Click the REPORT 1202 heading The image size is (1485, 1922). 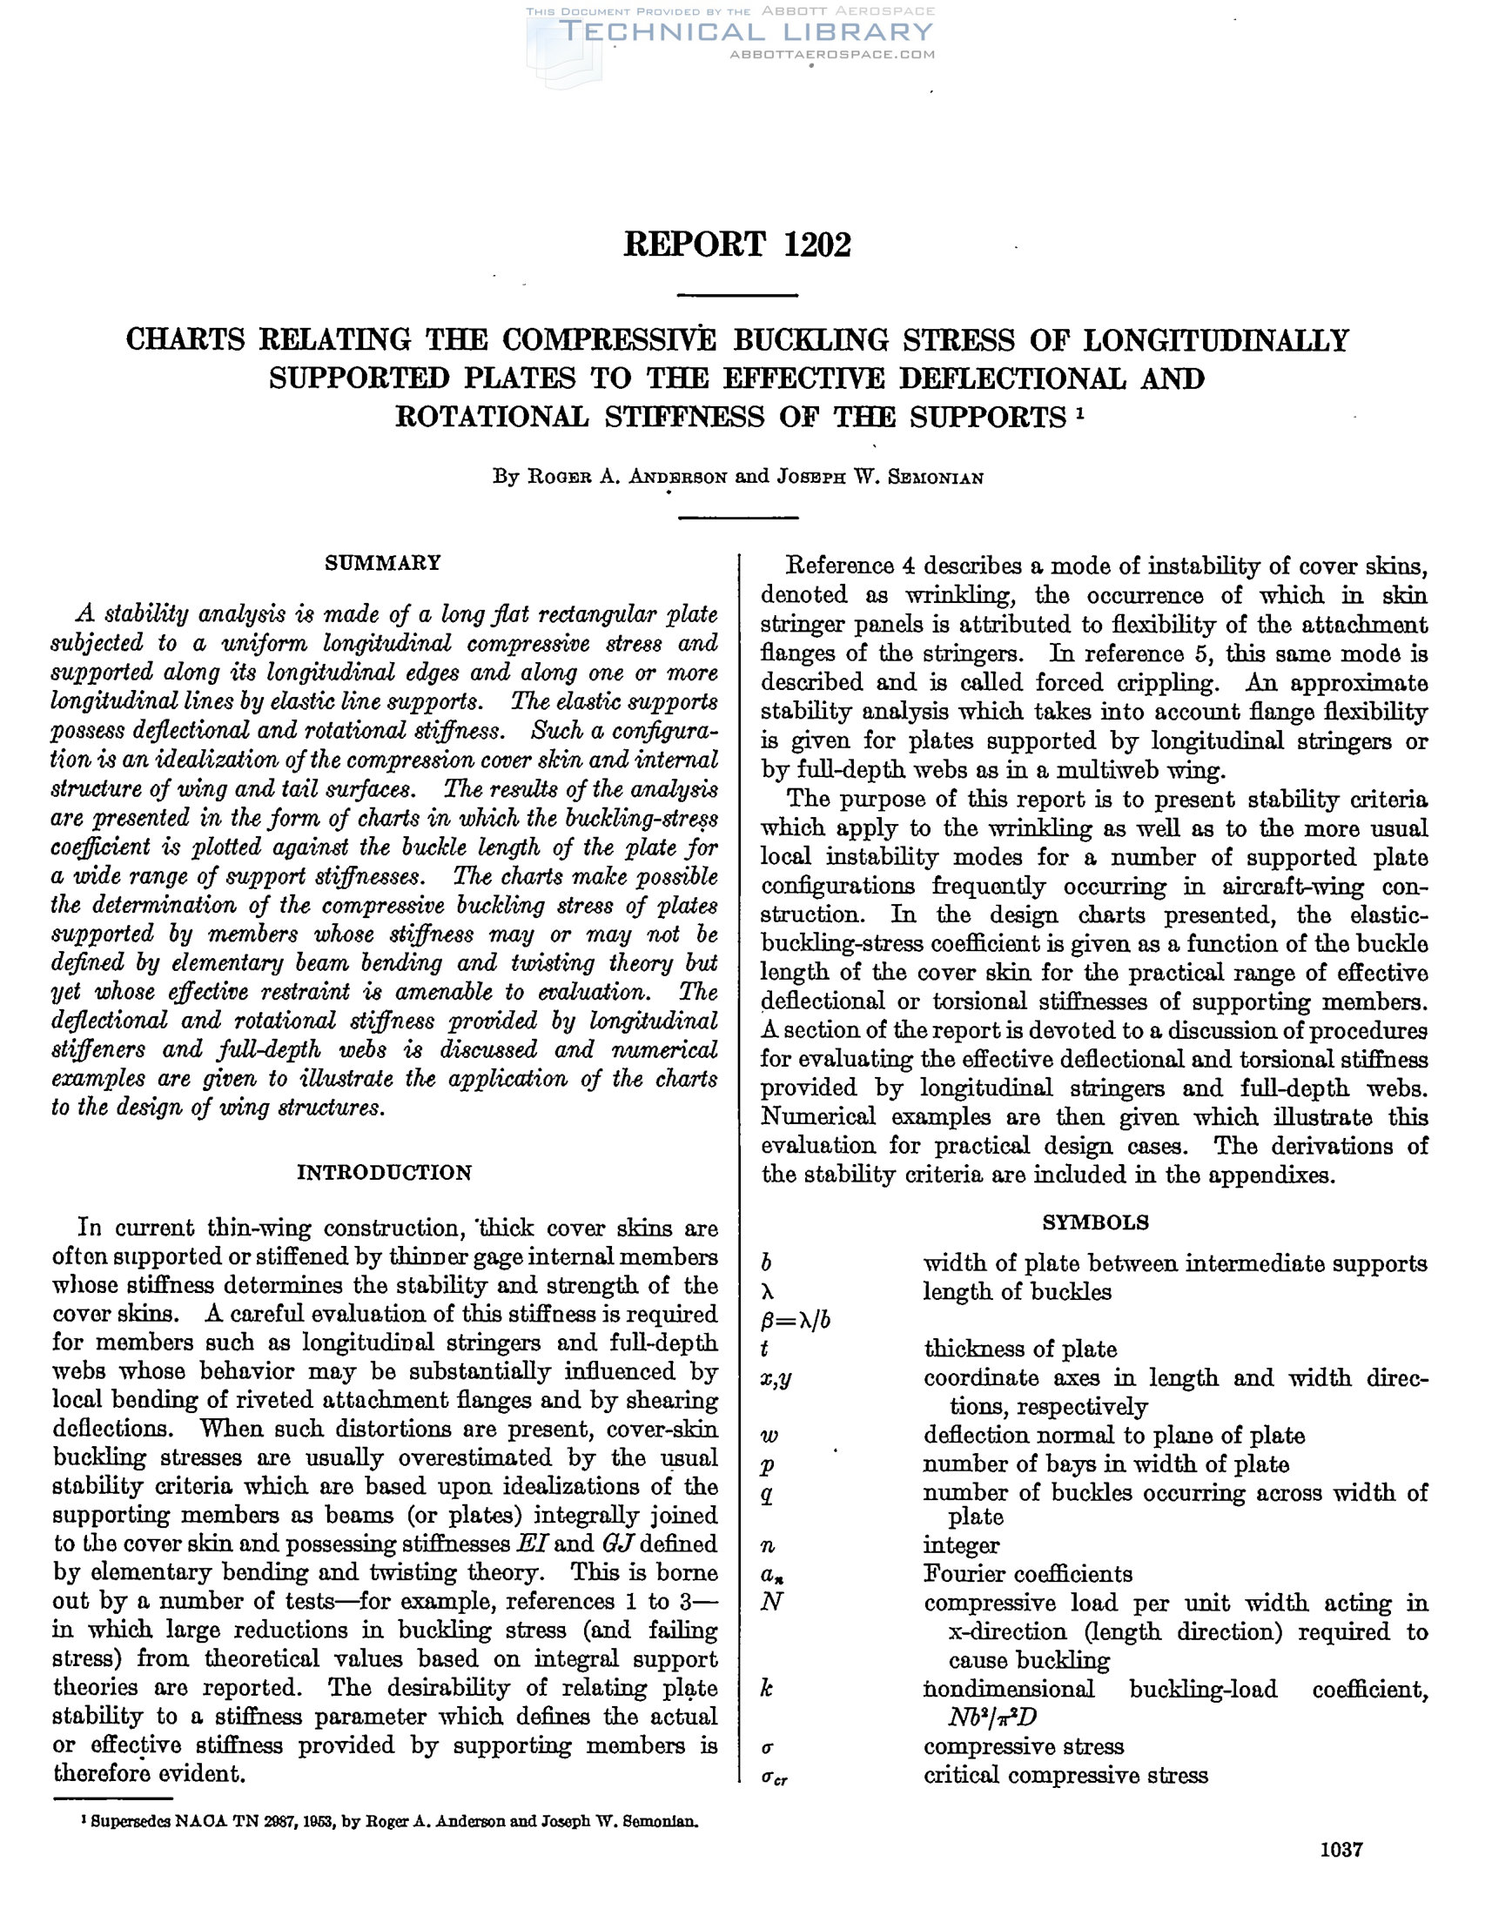coord(736,244)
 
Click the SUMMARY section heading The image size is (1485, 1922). coord(383,563)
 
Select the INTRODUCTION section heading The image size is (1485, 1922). coord(384,1173)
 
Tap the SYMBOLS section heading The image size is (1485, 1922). coord(1095,1222)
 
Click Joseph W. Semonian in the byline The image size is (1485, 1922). coord(879,478)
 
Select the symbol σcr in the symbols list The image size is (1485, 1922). coord(775,1778)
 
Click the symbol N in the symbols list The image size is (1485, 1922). coord(771,1602)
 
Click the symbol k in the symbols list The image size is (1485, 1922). coord(767,1689)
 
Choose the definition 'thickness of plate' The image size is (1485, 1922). coord(1019,1349)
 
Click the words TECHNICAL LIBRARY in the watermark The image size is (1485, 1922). coord(745,32)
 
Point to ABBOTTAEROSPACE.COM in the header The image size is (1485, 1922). coord(832,55)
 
